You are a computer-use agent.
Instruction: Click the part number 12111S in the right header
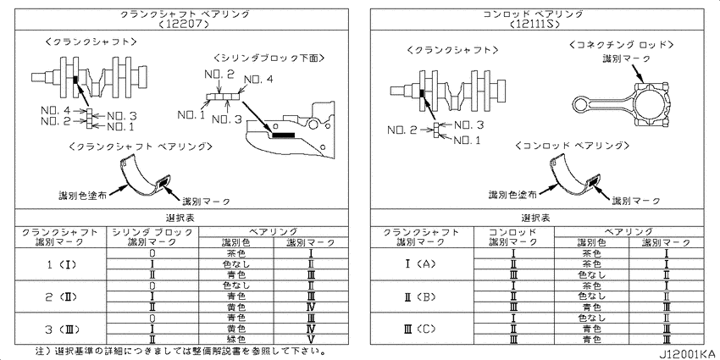pos(534,24)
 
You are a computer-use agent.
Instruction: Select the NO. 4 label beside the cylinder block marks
pos(258,80)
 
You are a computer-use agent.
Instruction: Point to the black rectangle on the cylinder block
pos(283,135)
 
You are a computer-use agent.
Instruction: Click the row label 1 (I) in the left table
pos(61,264)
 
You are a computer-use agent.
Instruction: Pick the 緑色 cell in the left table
pos(236,340)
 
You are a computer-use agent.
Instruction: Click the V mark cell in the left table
pos(311,340)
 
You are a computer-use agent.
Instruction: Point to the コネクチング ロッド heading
pos(621,45)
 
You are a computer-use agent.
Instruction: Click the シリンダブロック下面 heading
pos(269,58)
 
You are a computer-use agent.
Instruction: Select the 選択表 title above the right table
pos(536,217)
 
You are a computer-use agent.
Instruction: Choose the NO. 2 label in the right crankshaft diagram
pos(402,130)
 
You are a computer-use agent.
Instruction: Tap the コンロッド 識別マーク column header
pos(513,237)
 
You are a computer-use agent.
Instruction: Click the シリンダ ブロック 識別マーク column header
pos(152,237)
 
